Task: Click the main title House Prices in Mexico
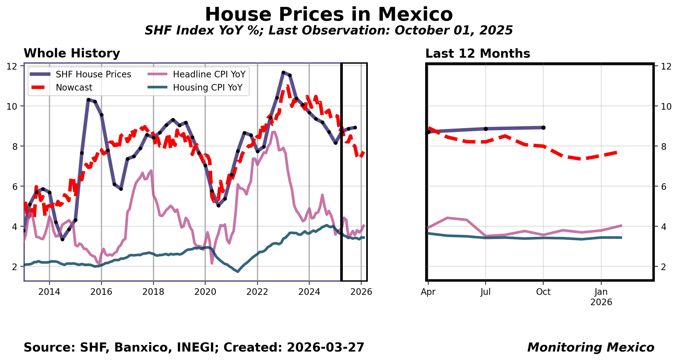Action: pos(329,15)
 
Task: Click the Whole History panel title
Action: pos(72,53)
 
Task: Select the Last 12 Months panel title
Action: pos(477,54)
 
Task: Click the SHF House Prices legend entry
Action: pos(93,75)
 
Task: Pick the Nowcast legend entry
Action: pos(74,88)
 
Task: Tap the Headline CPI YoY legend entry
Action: pos(209,75)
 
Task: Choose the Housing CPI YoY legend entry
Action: pos(207,88)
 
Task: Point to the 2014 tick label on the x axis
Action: pos(49,292)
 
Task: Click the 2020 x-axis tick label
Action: pos(205,292)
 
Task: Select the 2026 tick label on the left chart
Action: pos(361,292)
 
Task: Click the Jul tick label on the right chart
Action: pos(485,292)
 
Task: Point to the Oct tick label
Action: pos(543,292)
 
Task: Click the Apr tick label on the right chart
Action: pos(428,292)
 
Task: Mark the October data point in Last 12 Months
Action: pos(543,128)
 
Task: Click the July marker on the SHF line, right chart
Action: pos(486,129)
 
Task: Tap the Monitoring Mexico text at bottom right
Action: pos(591,347)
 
